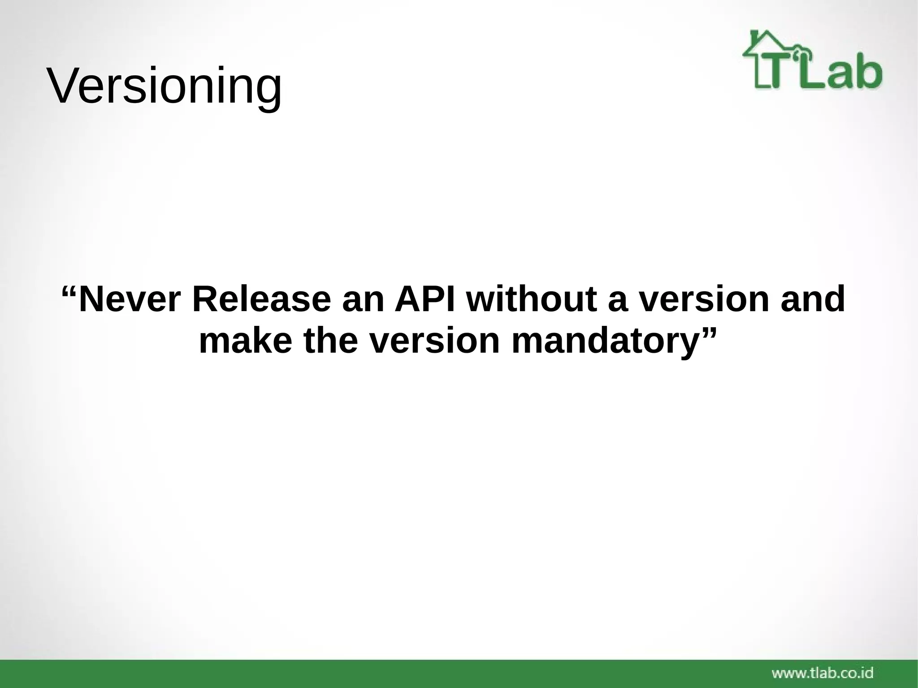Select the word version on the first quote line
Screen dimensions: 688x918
[704, 300]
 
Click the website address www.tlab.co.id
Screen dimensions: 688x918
[823, 673]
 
